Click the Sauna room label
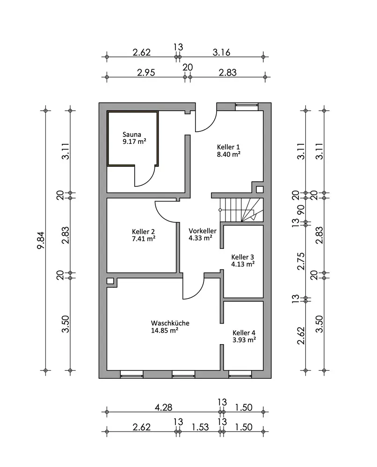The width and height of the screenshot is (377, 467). [x=132, y=134]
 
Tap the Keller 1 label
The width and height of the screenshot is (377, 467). [x=228, y=147]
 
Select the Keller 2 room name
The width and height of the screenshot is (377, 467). [x=143, y=232]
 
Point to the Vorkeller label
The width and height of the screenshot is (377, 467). [x=203, y=231]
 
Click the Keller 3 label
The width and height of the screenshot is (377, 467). [x=242, y=257]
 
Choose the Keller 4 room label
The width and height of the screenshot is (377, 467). [x=244, y=333]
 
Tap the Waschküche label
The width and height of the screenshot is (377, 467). [x=170, y=323]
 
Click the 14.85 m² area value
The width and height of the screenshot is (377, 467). [x=165, y=330]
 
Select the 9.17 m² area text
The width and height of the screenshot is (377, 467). [x=134, y=142]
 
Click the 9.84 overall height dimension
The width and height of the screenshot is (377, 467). [x=41, y=241]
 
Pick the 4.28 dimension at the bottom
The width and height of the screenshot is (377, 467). [x=163, y=407]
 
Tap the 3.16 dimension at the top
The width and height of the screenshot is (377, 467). [x=221, y=52]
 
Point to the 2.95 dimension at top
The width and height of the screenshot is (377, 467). [x=146, y=72]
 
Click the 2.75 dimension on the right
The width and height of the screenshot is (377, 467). [x=301, y=261]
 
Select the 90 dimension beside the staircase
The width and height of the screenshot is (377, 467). [x=301, y=210]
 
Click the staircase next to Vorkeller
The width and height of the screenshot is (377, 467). [x=242, y=210]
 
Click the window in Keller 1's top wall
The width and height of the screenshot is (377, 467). [x=246, y=106]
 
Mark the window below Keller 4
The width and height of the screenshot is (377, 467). [x=240, y=375]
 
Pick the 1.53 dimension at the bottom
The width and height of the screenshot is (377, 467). [x=200, y=427]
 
